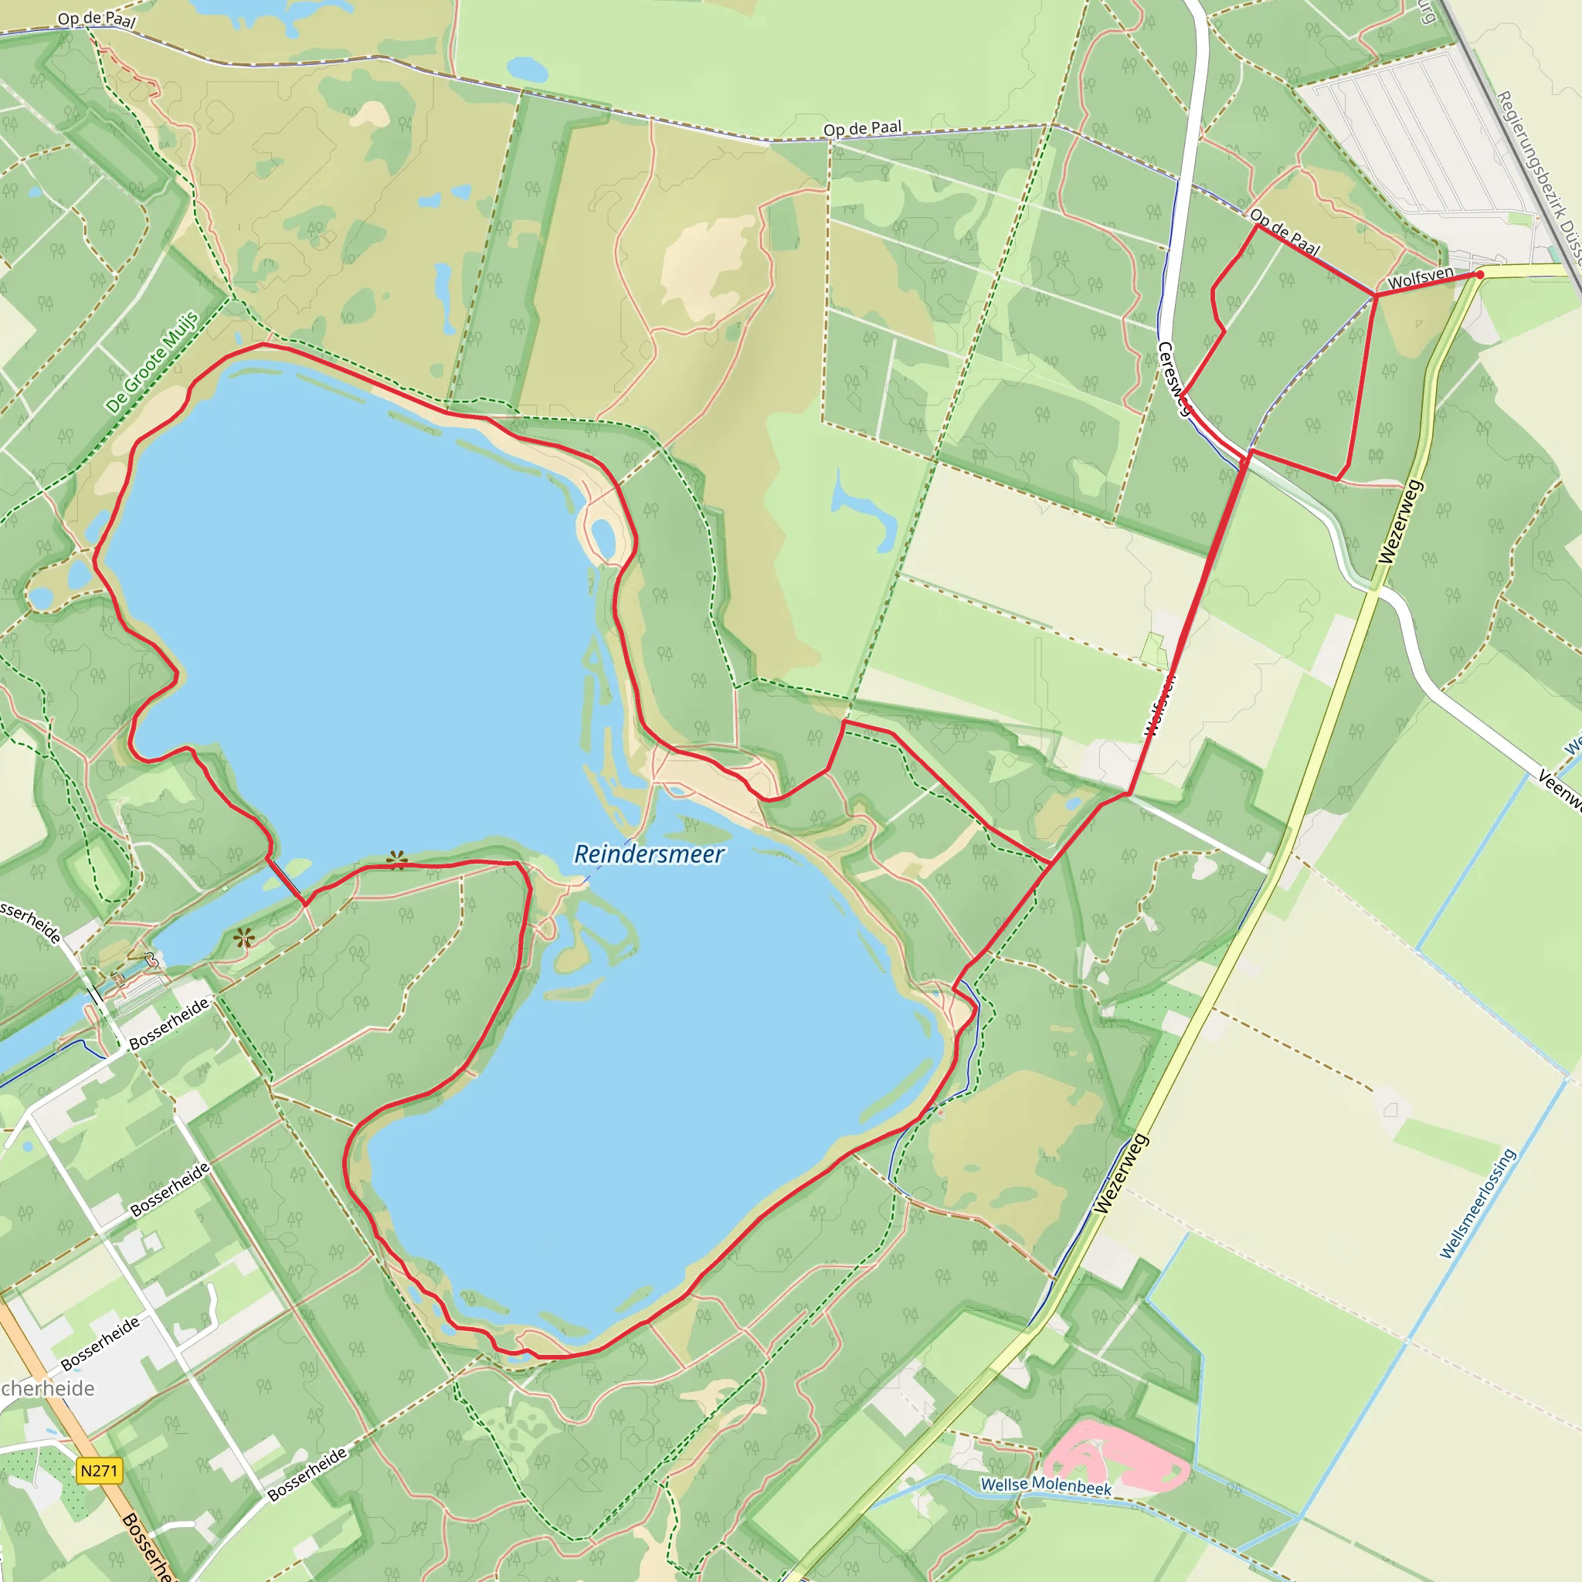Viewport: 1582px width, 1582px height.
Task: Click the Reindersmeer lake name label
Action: [x=649, y=854]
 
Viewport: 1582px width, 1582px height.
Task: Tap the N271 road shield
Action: [x=99, y=1471]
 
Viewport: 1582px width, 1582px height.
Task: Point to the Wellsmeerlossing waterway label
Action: [x=1478, y=1203]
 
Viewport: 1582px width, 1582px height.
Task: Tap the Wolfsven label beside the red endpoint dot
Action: [x=1421, y=277]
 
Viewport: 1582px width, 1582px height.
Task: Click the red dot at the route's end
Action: [x=1479, y=274]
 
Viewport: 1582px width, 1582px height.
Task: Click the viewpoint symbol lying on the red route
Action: [x=397, y=859]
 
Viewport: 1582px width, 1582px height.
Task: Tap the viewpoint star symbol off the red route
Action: [x=243, y=939]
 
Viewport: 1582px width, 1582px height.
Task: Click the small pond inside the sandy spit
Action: [x=603, y=537]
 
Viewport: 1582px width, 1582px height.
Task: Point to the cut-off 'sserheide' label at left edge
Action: [x=30, y=922]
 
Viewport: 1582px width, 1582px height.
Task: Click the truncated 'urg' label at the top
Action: [x=1428, y=12]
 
